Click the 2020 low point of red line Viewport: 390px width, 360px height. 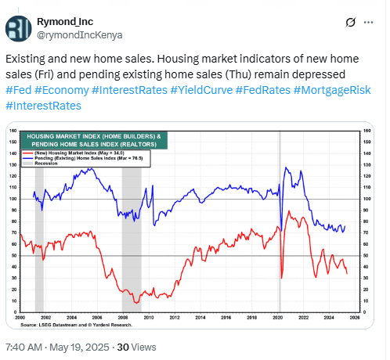281,277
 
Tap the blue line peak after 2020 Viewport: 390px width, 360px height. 286,168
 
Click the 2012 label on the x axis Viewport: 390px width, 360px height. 173,317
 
